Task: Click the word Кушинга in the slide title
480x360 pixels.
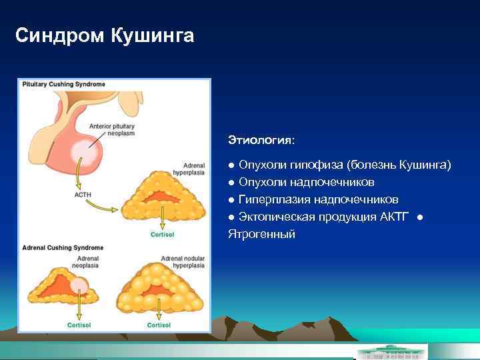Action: coord(153,35)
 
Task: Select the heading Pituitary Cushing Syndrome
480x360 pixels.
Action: coord(64,85)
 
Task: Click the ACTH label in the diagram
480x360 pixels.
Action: coord(83,195)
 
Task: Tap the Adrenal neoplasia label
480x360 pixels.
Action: coord(87,261)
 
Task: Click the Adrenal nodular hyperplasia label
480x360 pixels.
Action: coord(183,261)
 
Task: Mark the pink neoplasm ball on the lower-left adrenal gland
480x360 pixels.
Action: coord(79,287)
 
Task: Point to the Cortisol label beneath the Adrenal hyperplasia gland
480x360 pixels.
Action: coord(162,235)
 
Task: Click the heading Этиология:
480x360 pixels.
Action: coord(261,140)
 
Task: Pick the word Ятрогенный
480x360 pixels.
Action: coord(261,234)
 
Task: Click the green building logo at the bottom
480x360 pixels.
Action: coord(391,351)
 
